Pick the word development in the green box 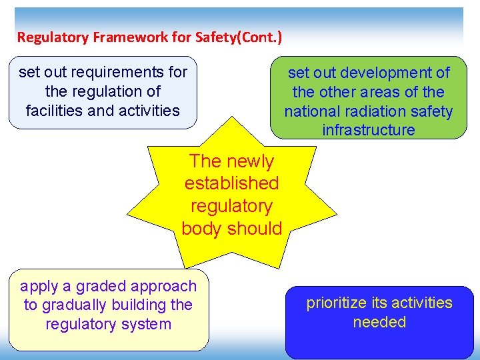pyautogui.click(x=387, y=73)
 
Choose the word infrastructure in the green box pyautogui.click(x=368, y=130)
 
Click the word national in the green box pyautogui.click(x=313, y=111)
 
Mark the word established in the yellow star pyautogui.click(x=231, y=183)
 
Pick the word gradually pyautogui.click(x=73, y=305)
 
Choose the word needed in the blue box pyautogui.click(x=379, y=323)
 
